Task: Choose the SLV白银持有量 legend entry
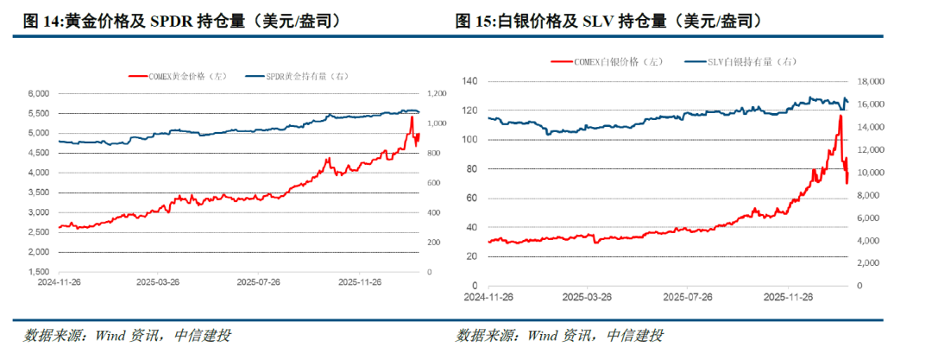point(744,61)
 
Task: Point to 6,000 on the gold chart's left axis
point(40,93)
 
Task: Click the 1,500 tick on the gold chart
point(40,272)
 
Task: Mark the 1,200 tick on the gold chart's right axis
point(437,93)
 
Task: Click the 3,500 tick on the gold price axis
point(40,193)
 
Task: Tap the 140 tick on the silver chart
point(470,81)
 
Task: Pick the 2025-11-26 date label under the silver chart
point(790,297)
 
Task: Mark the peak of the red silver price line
point(840,116)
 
